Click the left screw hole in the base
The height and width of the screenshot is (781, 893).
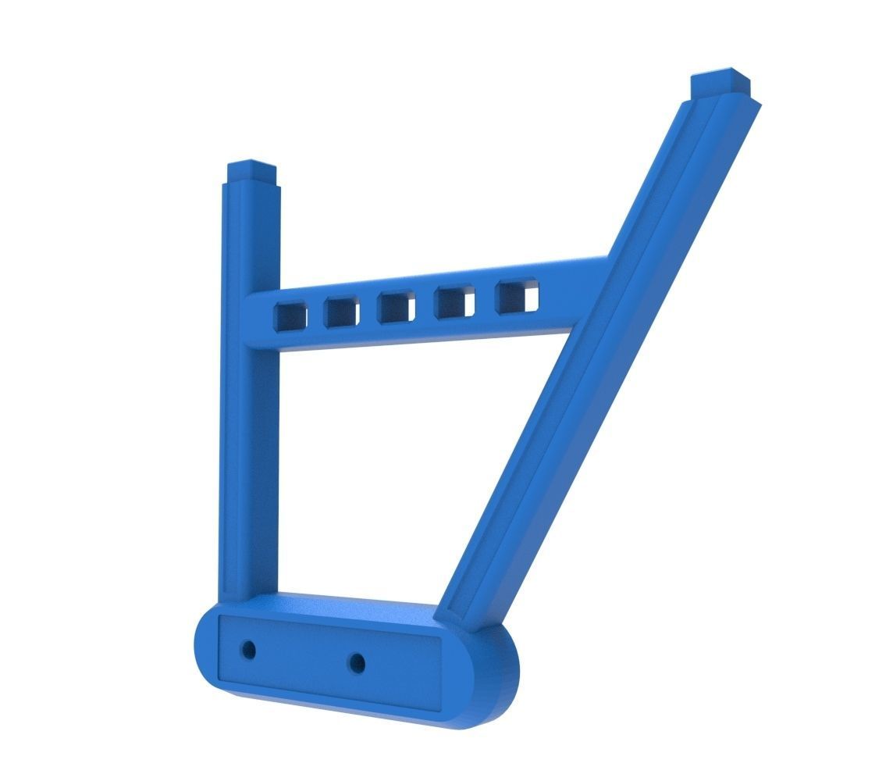[249, 648]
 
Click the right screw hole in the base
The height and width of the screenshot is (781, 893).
[357, 663]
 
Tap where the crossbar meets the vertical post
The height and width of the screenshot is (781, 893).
[254, 320]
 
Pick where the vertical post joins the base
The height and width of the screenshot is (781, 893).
[247, 597]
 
